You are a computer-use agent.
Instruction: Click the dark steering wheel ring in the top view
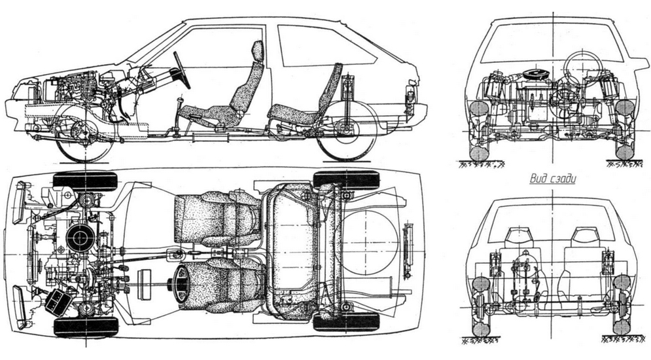tap(176, 285)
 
